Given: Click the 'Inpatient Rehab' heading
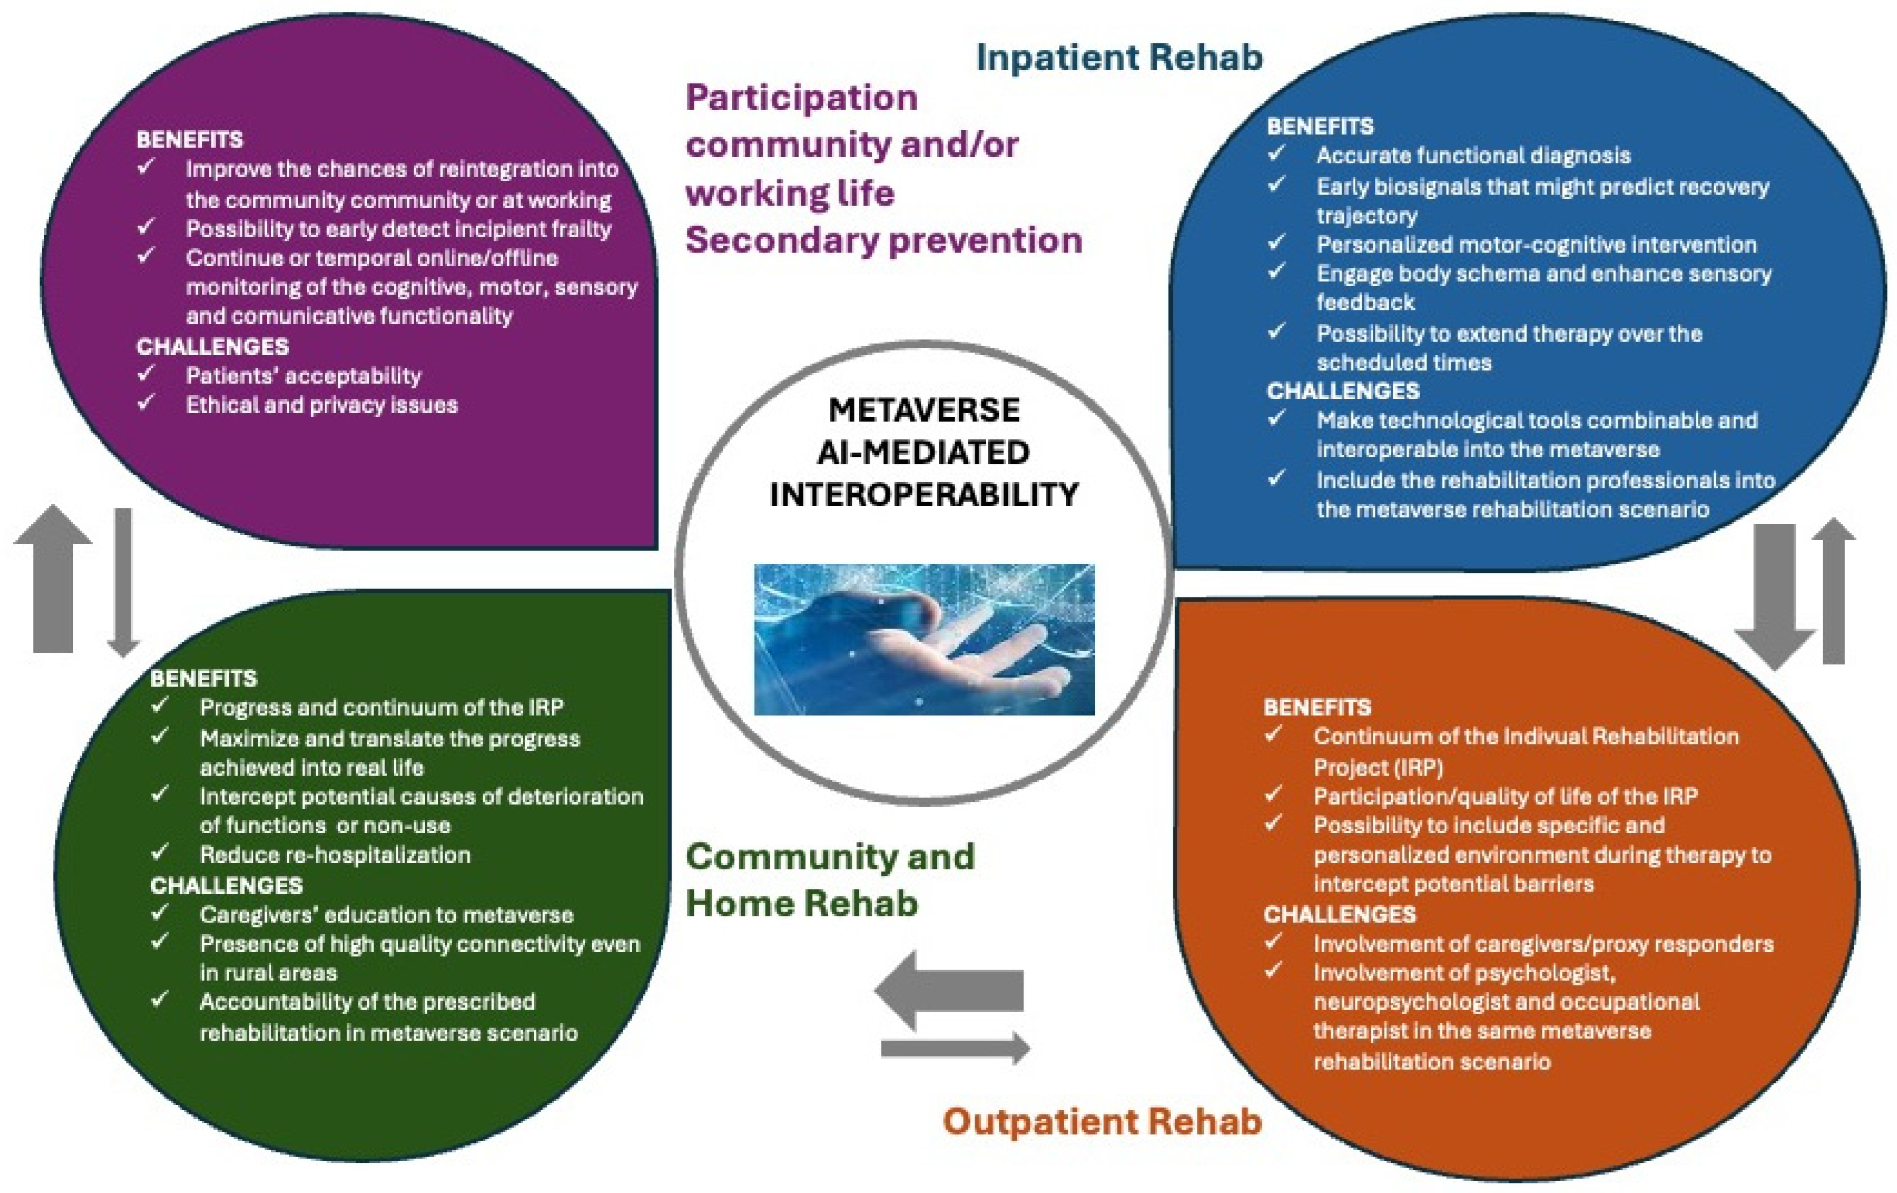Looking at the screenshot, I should coord(1119,57).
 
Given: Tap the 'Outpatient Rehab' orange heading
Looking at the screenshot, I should coord(1102,1121).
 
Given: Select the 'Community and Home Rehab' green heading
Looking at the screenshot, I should coord(830,879).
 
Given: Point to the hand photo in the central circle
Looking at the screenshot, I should coord(924,639).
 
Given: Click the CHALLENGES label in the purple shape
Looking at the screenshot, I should coord(213,347).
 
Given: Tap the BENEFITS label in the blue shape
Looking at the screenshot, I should coord(1320,126).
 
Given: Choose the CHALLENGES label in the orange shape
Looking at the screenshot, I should coord(1340,914).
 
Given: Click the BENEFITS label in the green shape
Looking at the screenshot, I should coord(203,678).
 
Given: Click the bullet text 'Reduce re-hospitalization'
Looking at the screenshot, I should coord(335,855).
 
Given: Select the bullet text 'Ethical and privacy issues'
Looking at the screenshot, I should coord(322,405).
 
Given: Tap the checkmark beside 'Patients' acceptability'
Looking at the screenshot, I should coord(146,374).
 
